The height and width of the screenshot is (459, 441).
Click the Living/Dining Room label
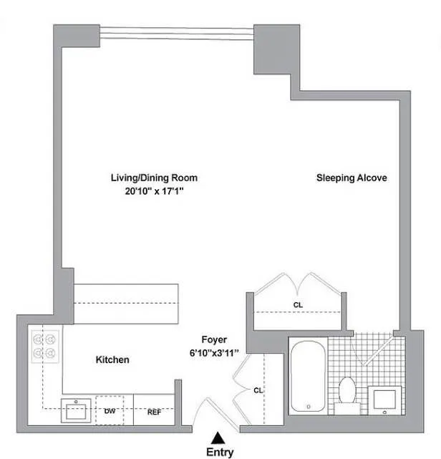tap(154, 178)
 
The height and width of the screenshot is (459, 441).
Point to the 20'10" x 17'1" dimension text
tap(154, 191)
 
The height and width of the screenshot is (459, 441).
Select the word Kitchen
tap(112, 359)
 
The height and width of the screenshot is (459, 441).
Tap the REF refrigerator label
tap(154, 412)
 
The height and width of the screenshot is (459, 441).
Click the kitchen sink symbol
tap(74, 412)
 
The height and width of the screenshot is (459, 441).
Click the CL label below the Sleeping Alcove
tap(298, 304)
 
